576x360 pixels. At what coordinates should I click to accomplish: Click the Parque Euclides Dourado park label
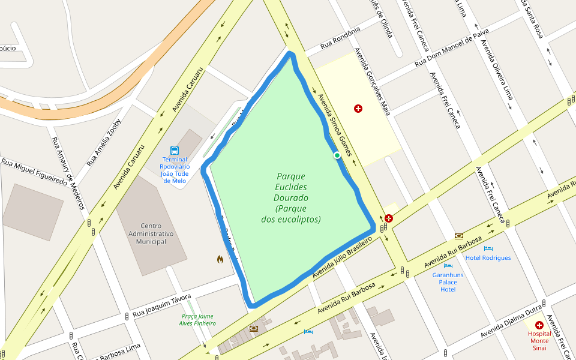click(291, 198)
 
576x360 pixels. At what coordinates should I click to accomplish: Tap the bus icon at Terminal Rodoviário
click(174, 150)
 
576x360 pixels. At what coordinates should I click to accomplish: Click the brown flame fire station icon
click(220, 259)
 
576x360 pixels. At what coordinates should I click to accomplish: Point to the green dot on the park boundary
click(337, 155)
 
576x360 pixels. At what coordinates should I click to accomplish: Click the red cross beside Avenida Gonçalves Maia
click(358, 109)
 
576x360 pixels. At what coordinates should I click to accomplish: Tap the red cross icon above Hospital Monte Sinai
click(539, 325)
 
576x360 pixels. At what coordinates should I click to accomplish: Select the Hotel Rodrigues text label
click(488, 257)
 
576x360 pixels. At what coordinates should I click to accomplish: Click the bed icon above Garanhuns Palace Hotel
click(448, 265)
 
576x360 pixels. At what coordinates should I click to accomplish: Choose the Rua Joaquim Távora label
click(161, 305)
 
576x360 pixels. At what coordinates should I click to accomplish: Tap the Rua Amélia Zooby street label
click(104, 143)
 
